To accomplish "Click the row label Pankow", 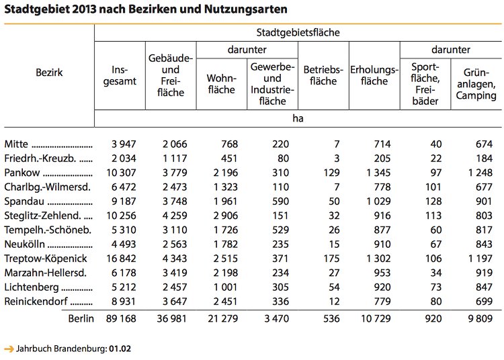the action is [x=22, y=173].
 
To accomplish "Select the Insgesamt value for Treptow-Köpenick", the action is [x=121, y=259].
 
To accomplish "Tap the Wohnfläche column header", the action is [x=222, y=84].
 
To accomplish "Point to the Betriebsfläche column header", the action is [x=323, y=75].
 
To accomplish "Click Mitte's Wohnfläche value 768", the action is [x=230, y=144].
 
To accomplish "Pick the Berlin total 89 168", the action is [x=121, y=318].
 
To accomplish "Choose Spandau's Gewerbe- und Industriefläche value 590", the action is [x=280, y=201].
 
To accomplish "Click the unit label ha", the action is [x=298, y=118].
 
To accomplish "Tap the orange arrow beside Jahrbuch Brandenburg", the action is [x=9, y=349].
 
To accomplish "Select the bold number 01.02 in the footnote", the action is [x=120, y=349].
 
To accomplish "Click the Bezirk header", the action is [x=49, y=73].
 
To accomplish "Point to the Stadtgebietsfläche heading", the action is [x=298, y=32].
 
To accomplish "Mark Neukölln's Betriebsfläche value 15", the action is [x=334, y=244].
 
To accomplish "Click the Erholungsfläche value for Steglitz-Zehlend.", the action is [x=382, y=216].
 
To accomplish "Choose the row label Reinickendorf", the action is [x=36, y=302].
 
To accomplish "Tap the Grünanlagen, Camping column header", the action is [x=476, y=84].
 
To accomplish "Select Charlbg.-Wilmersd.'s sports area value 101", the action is [x=433, y=187].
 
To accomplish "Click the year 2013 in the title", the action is [x=84, y=9].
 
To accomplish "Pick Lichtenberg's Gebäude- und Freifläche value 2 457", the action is [x=175, y=287].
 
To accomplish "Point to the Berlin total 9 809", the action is [x=480, y=318].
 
